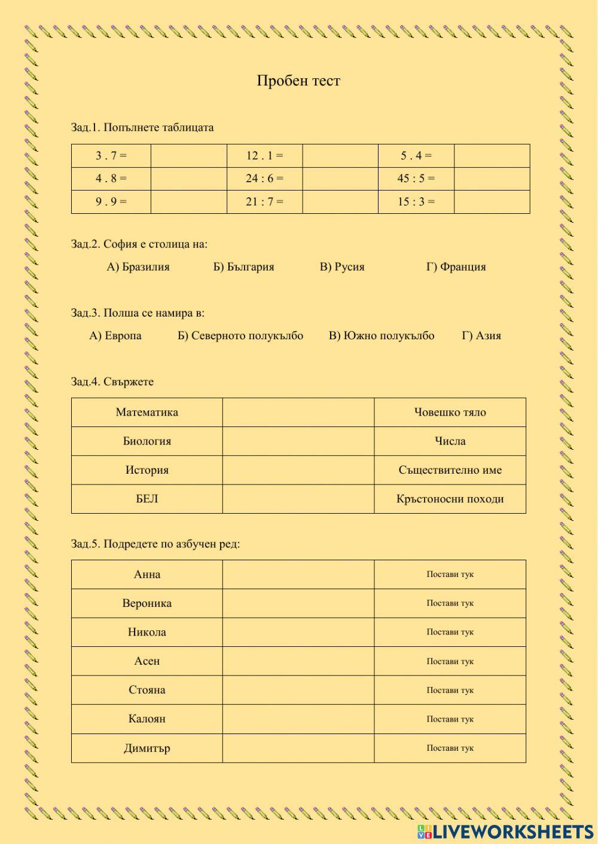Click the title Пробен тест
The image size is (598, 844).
[298, 81]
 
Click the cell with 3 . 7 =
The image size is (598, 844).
[111, 156]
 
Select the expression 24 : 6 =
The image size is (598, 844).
[264, 179]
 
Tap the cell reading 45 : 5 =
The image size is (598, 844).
[416, 179]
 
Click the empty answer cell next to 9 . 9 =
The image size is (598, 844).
[188, 202]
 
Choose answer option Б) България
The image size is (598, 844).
[243, 267]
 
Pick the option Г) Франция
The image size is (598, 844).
[456, 267]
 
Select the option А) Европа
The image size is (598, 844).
[115, 336]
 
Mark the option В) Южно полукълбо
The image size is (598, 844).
[382, 336]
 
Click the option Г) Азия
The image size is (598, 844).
[481, 336]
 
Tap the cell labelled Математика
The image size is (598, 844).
[147, 412]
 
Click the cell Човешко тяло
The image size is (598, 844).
[450, 412]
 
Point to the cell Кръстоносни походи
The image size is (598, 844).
[450, 499]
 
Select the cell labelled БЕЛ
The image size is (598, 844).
[147, 499]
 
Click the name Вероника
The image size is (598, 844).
[147, 603]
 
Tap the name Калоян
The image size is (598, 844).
[147, 719]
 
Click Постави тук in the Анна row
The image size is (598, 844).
[450, 575]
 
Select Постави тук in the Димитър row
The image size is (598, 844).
[450, 748]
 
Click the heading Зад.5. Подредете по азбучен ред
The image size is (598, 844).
[155, 544]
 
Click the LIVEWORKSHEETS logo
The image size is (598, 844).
[505, 831]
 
